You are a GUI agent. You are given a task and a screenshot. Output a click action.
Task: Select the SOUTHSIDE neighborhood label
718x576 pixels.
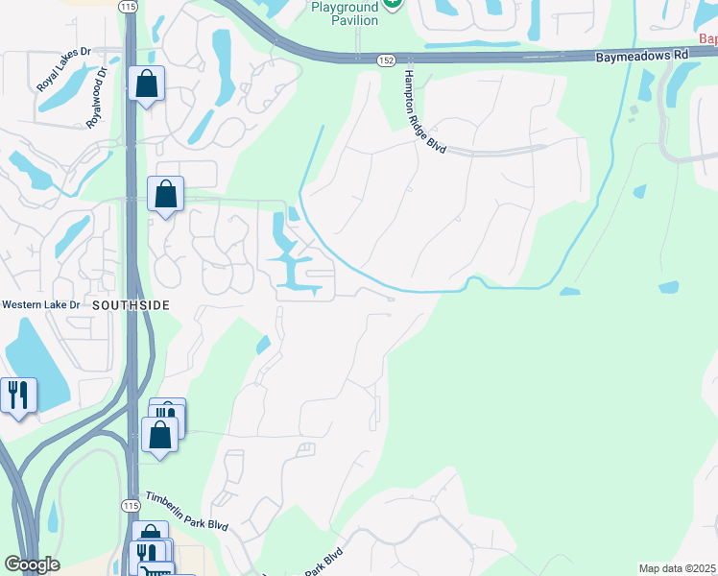pyautogui.click(x=132, y=304)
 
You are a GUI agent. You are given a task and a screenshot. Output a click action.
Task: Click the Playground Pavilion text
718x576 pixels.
pyautogui.click(x=347, y=12)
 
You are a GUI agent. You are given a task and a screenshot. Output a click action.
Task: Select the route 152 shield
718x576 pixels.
pyautogui.click(x=385, y=60)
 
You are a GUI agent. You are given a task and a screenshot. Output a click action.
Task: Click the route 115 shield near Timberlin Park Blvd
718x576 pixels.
pyautogui.click(x=131, y=505)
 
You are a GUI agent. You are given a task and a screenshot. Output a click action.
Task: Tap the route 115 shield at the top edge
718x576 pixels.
pyautogui.click(x=129, y=7)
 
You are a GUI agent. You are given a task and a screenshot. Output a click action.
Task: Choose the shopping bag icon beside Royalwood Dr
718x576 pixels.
pyautogui.click(x=147, y=84)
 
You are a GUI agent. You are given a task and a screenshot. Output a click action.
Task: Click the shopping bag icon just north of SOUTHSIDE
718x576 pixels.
pyautogui.click(x=166, y=195)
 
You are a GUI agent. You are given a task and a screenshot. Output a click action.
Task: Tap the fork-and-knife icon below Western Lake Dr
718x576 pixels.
pyautogui.click(x=17, y=395)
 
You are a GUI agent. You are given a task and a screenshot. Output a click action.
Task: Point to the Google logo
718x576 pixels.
pyautogui.click(x=32, y=564)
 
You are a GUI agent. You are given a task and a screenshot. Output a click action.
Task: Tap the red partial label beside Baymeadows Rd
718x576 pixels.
pyautogui.click(x=708, y=39)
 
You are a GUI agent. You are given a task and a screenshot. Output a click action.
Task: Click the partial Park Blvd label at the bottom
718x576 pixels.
pyautogui.click(x=324, y=562)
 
